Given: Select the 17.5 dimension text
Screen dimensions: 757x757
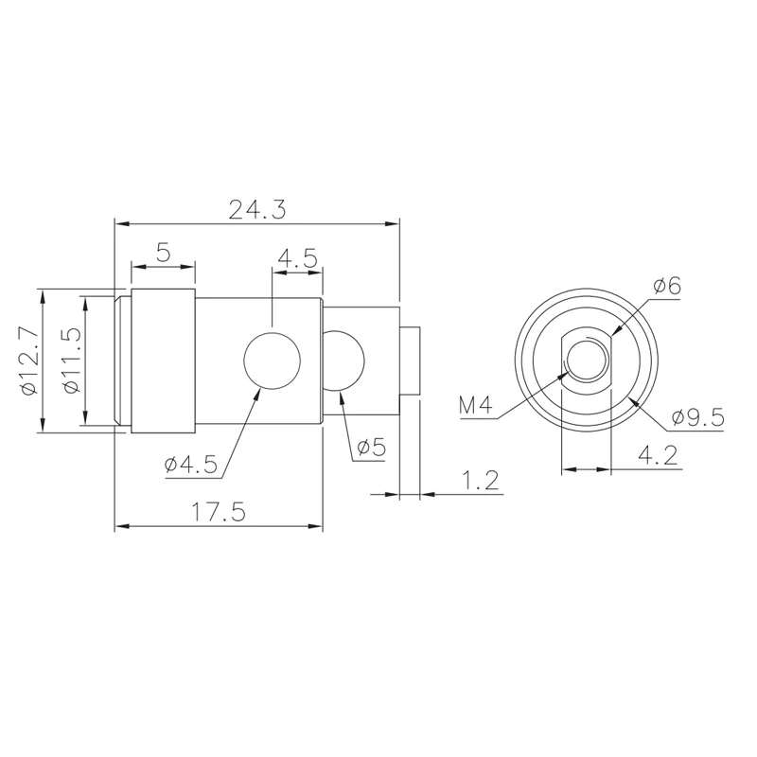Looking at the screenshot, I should tap(219, 512).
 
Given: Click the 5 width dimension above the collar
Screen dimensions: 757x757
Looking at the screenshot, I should tap(163, 253).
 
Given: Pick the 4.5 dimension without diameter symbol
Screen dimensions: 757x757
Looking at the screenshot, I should tap(297, 258).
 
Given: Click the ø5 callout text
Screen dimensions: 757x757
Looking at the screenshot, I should tap(371, 448).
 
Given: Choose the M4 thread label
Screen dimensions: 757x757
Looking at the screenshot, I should tap(476, 406).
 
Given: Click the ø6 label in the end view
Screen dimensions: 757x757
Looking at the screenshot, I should tap(666, 286).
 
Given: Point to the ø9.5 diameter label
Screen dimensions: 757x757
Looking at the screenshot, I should tap(697, 416).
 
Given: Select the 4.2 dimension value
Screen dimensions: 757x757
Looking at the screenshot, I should tap(657, 456).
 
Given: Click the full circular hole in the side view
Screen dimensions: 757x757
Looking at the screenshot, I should tap(273, 361).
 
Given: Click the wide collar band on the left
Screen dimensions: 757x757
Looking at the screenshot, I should tap(163, 361).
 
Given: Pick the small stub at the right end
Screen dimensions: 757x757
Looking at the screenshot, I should tap(411, 361).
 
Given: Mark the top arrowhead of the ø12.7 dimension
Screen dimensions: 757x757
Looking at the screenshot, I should tap(42, 294).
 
